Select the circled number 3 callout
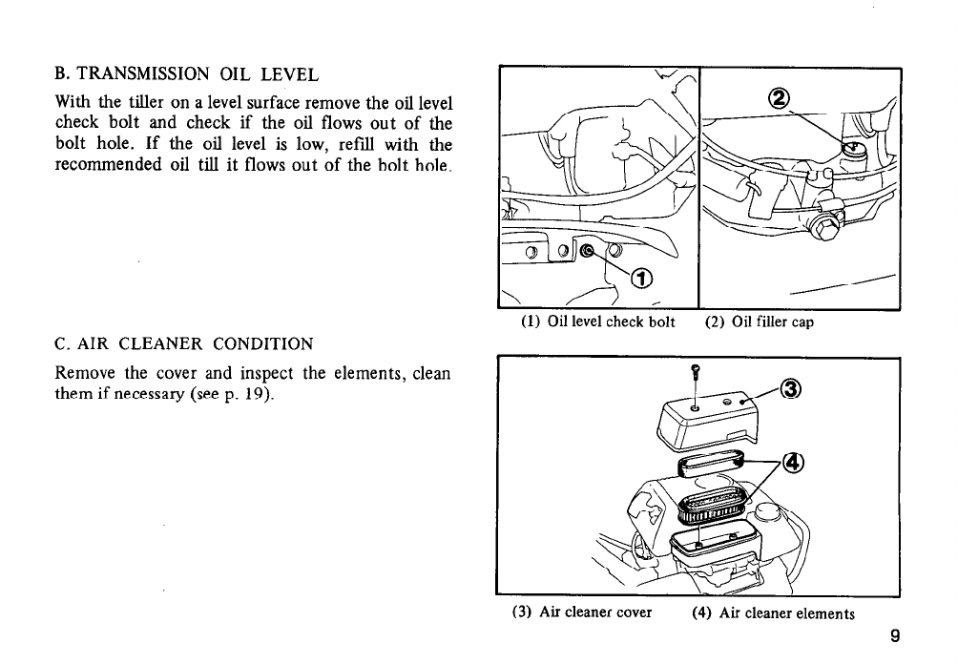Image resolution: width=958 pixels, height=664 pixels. [x=790, y=389]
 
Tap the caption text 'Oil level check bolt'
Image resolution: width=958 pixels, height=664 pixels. [x=612, y=322]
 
